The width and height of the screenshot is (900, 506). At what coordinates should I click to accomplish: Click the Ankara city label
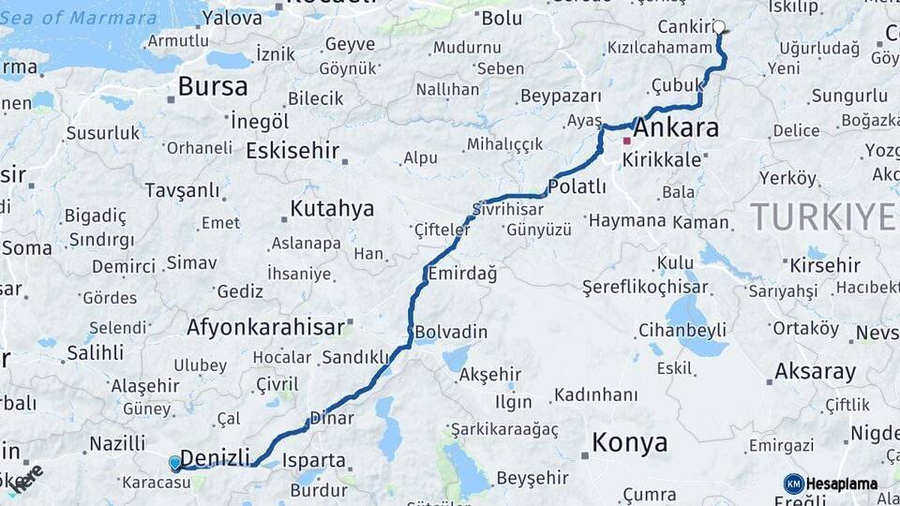pos(677,127)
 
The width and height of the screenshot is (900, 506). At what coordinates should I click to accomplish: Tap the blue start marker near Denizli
pos(174,462)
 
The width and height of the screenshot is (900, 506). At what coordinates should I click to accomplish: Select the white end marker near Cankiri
pos(719,27)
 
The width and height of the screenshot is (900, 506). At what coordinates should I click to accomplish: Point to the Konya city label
pos(629,442)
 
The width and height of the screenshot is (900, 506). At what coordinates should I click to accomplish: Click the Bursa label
pos(213,87)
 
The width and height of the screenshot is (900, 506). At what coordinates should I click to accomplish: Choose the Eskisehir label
pos(291,151)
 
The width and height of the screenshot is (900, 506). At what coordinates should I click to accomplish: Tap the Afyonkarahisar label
pos(266,328)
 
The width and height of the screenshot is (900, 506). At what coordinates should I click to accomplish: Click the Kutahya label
pos(332,208)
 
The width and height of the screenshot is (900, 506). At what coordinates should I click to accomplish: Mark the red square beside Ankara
pos(626,141)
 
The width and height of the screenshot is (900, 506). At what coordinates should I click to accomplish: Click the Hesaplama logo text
pos(841,484)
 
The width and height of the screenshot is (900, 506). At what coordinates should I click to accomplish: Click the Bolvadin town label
pos(451,332)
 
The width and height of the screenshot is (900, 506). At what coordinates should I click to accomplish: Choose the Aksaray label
pos(815,372)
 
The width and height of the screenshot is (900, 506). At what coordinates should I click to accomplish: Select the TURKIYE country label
pos(823,217)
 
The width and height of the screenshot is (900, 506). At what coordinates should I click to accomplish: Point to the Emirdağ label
pos(462,274)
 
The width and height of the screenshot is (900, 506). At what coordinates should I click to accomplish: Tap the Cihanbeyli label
pos(682,330)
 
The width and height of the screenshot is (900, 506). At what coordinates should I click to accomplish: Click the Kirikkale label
pos(661,160)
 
